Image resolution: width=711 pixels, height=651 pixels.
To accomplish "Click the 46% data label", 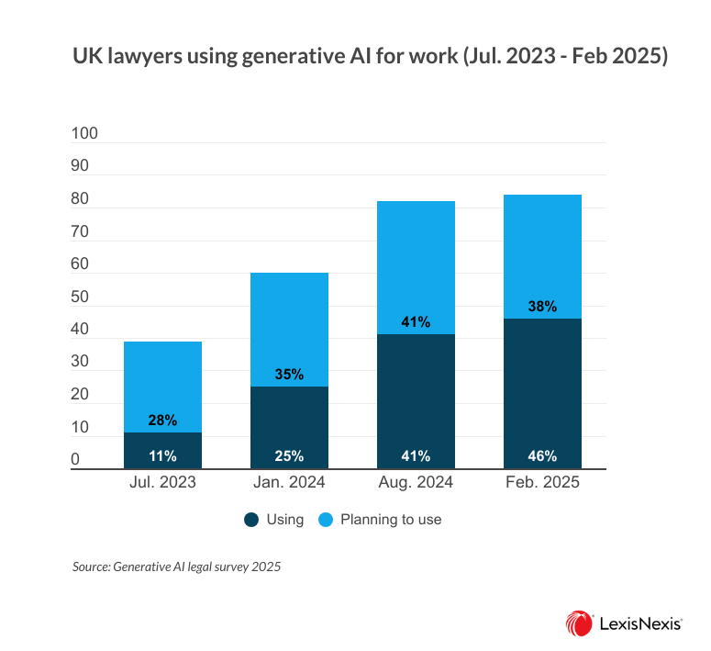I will (543, 455).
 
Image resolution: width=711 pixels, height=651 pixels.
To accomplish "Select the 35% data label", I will (290, 375).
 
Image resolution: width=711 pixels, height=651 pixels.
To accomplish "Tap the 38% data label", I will (543, 307).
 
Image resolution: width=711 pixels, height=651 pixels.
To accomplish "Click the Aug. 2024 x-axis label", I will (417, 483).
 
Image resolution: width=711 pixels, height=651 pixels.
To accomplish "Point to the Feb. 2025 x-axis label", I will (543, 483).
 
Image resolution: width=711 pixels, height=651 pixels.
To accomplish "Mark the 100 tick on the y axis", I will (84, 134).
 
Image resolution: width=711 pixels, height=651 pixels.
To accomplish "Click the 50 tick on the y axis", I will (81, 297).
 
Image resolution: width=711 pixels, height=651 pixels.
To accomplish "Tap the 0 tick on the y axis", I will (76, 461).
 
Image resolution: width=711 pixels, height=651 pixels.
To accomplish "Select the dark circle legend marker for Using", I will (251, 520).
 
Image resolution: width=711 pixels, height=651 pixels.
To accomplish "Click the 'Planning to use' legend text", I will (391, 520).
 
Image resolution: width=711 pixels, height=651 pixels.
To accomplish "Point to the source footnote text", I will (176, 567).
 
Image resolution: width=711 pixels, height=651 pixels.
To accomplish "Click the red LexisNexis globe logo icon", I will (579, 622).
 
